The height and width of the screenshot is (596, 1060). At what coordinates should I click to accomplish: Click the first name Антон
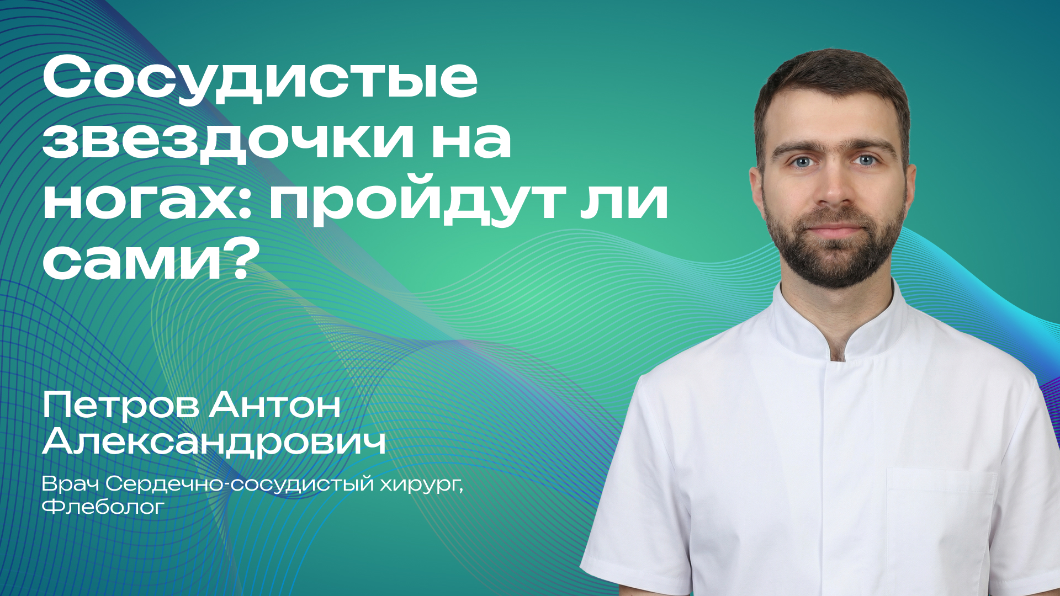[x=274, y=406]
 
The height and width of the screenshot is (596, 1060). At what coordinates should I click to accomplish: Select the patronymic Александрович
[x=214, y=442]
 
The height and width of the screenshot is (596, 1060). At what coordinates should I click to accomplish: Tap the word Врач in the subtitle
[x=70, y=484]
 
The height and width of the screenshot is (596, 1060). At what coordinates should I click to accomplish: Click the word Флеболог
[x=103, y=507]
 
